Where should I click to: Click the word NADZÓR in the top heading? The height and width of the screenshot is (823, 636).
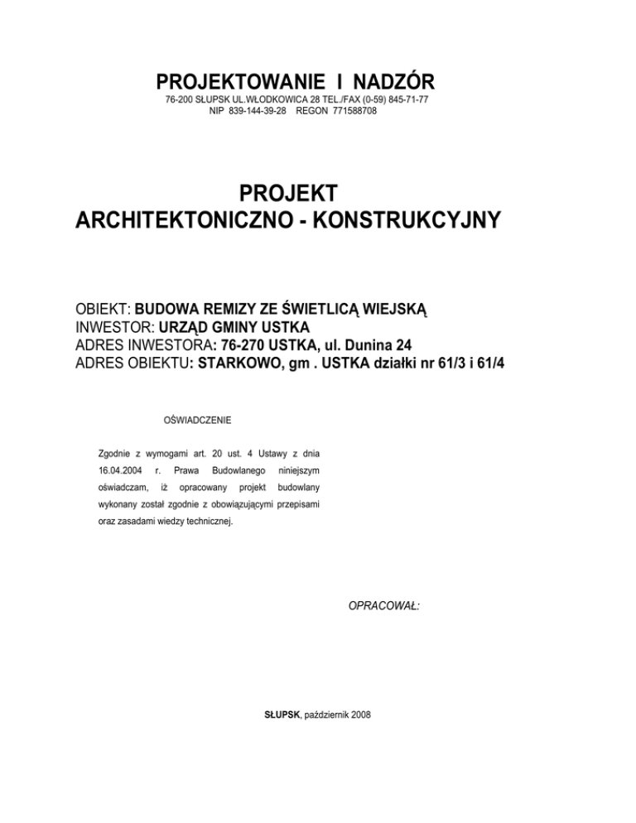coord(387,83)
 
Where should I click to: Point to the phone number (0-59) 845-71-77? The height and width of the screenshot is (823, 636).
coord(388,100)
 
